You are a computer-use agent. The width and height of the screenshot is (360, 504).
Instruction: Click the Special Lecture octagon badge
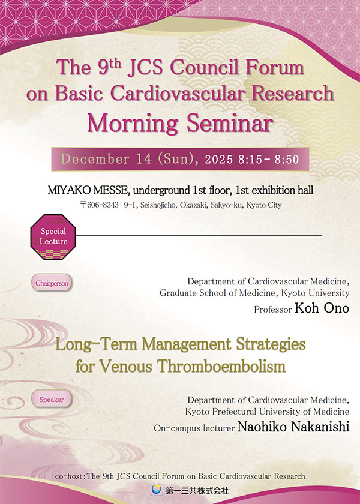coord(53,236)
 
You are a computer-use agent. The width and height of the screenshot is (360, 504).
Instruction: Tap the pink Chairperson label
coord(53,283)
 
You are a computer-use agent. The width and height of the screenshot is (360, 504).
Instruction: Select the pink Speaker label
coord(52,399)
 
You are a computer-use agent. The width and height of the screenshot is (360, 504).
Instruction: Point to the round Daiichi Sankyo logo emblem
coord(157,490)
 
